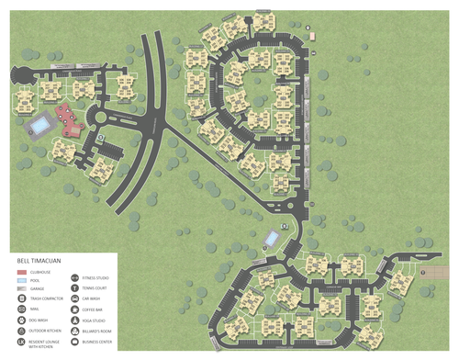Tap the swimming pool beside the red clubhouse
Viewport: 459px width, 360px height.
pyautogui.click(x=40, y=123)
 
